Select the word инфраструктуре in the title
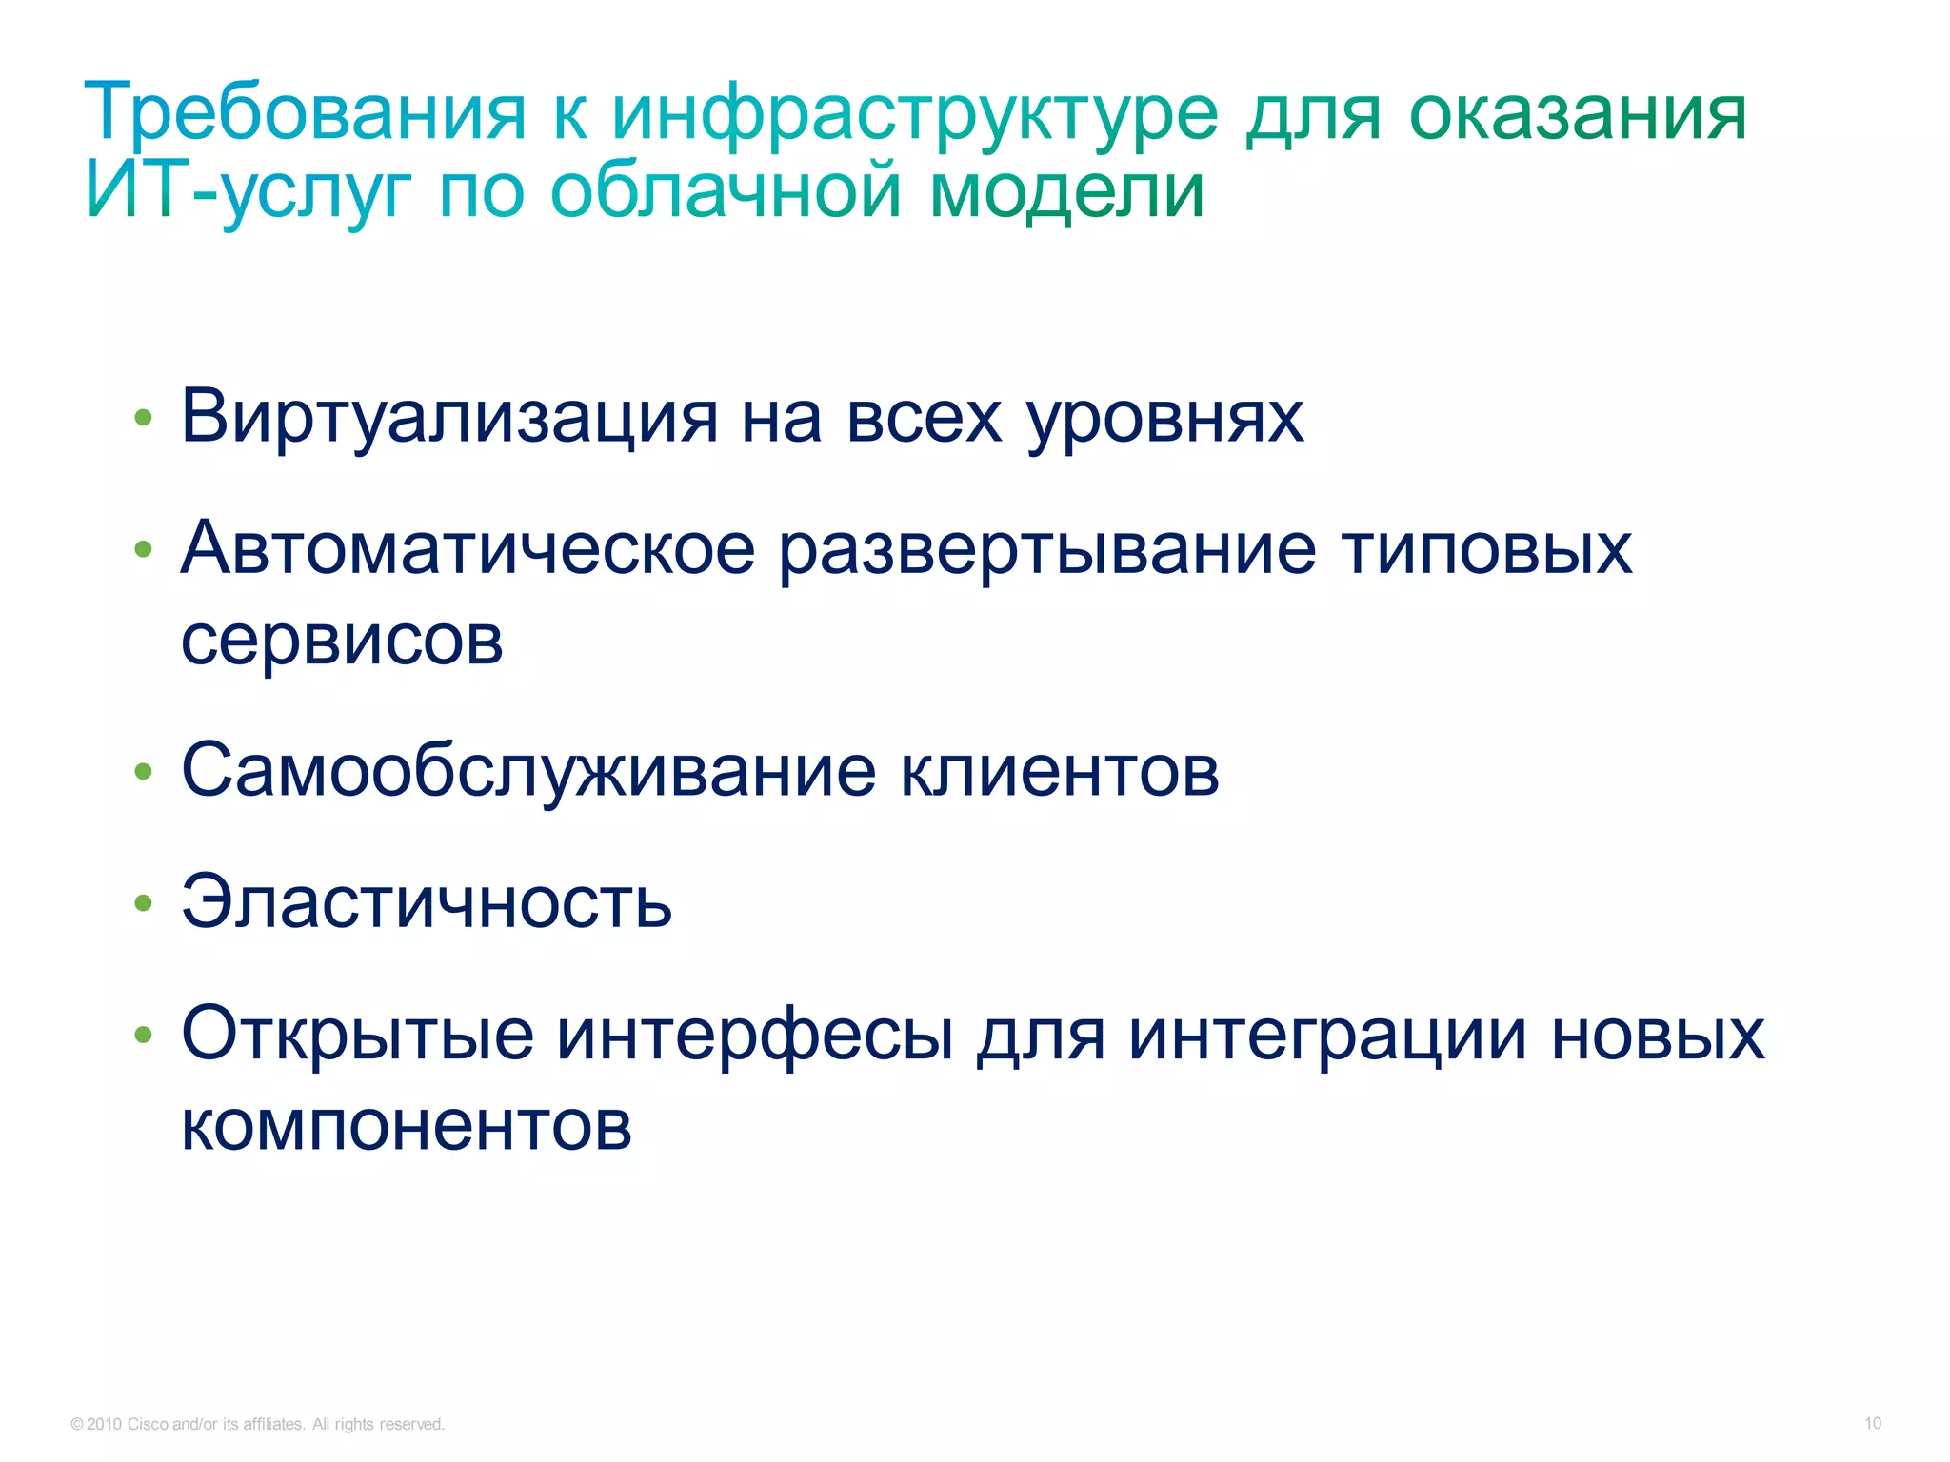coord(914,114)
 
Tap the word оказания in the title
coord(1577,112)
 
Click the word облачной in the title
coord(726,190)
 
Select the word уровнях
coord(1165,419)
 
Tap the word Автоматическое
coord(468,549)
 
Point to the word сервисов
coord(342,640)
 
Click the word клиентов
coord(1059,771)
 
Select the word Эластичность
coord(427,901)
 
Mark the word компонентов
coord(407,1125)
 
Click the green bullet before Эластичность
coord(144,902)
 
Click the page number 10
coord(1872,1423)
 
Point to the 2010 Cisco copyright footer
coord(257,1424)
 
